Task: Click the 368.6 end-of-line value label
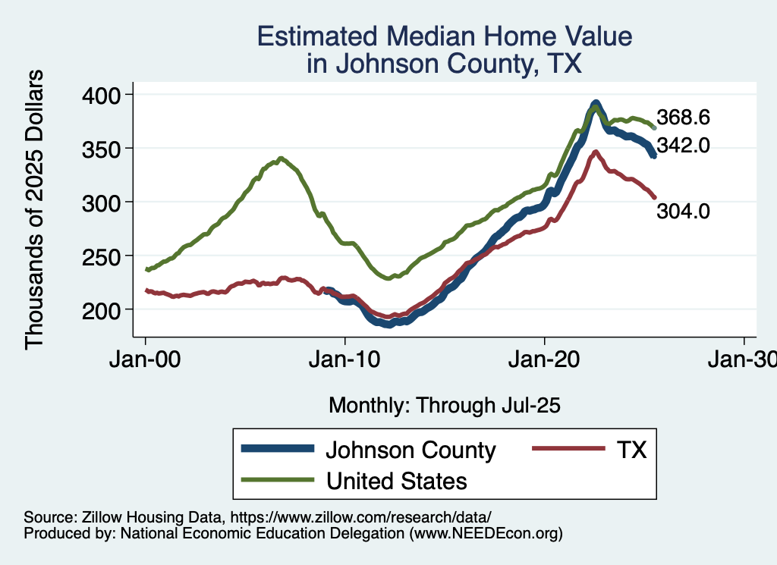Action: click(683, 118)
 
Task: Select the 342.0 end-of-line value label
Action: click(683, 145)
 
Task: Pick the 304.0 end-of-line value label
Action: click(683, 212)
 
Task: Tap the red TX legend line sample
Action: click(563, 449)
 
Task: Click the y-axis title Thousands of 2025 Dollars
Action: click(35, 209)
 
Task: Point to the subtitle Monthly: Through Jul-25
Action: click(444, 406)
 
